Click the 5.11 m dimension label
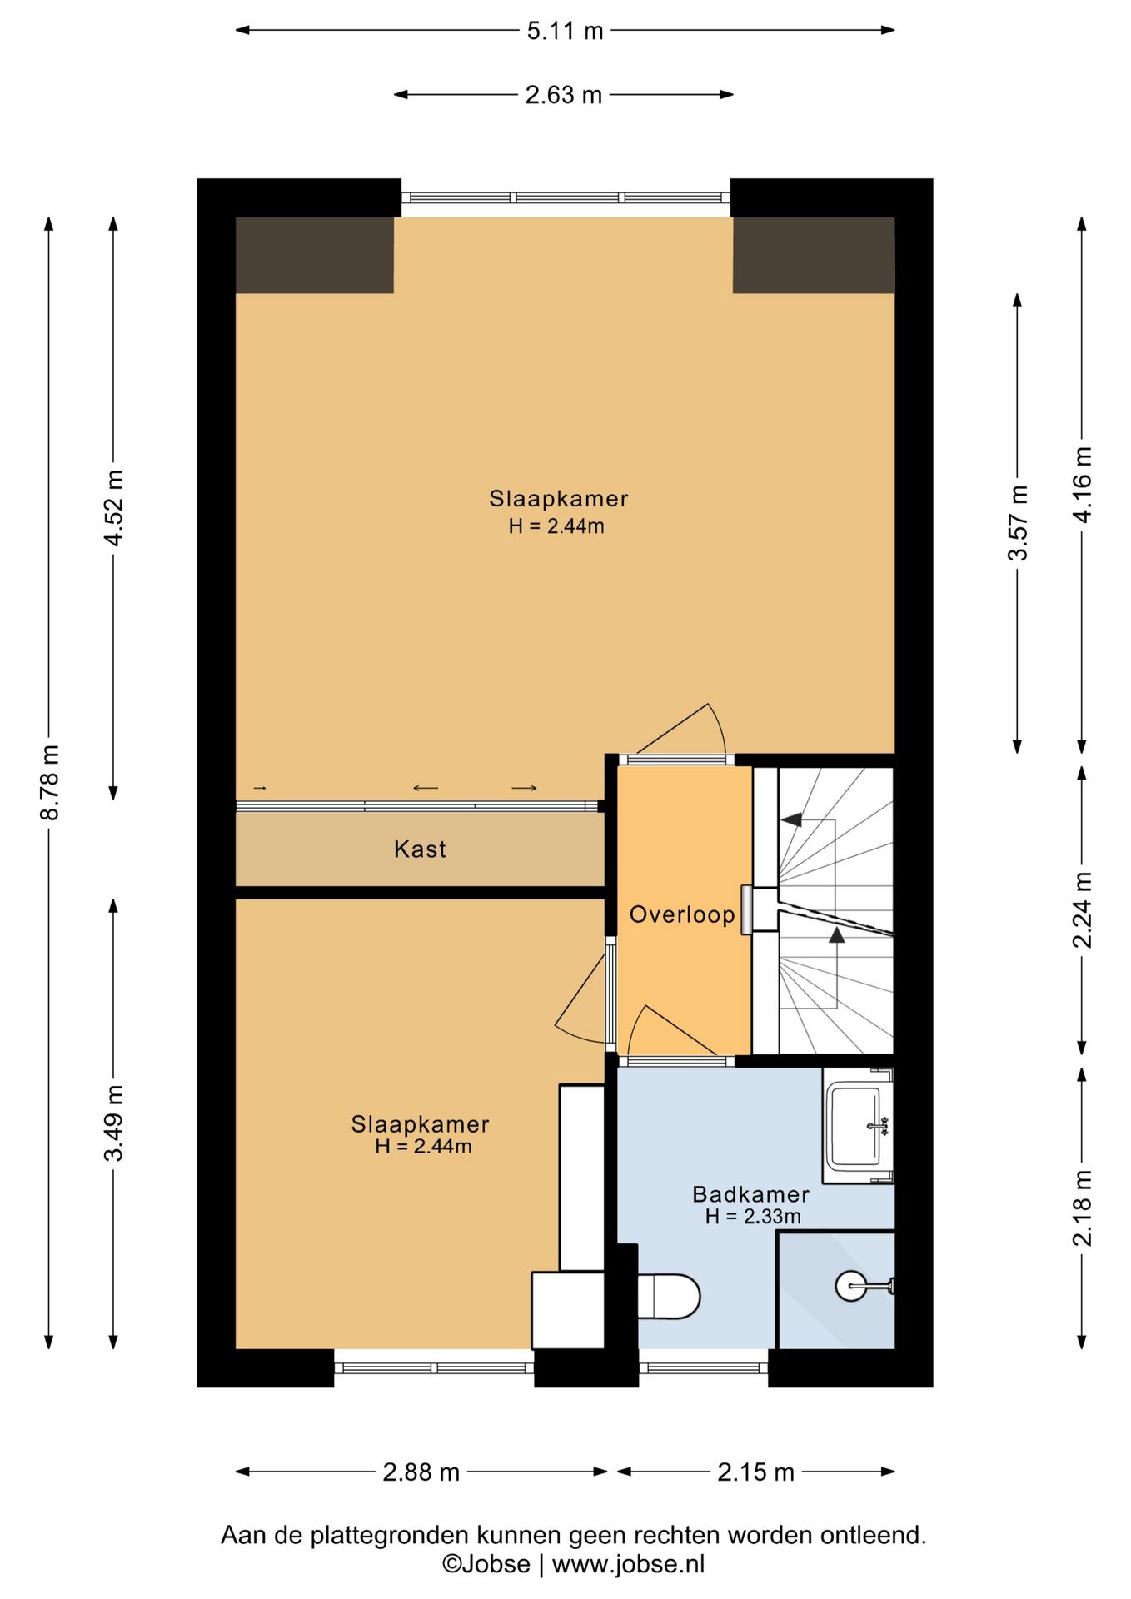point(565,31)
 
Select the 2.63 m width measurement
point(563,95)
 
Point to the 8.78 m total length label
point(50,782)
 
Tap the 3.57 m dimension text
point(1018,522)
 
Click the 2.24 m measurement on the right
point(1082,910)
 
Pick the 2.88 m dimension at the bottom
point(421,1472)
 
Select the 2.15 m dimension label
point(756,1472)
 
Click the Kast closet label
point(420,849)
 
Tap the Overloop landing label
point(682,914)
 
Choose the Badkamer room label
point(751,1194)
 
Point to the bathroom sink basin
point(856,1126)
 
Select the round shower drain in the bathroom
point(849,1285)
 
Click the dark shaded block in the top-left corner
point(315,255)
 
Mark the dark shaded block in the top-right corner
point(814,255)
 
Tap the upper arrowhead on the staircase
point(791,819)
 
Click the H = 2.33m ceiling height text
point(753,1217)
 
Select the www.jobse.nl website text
point(628,1564)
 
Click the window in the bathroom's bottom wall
point(704,1368)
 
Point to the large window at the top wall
point(566,198)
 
